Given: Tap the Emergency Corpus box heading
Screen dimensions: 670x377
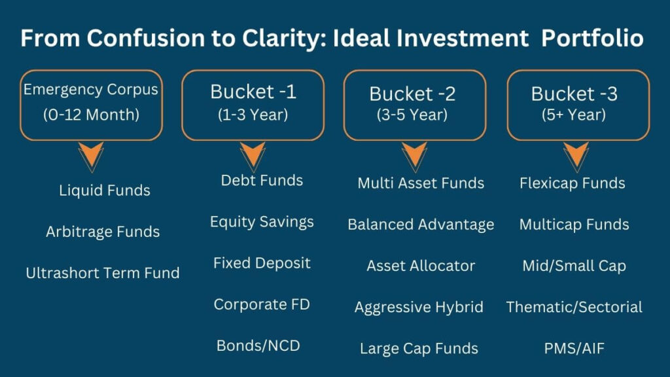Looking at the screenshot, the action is click(x=90, y=90).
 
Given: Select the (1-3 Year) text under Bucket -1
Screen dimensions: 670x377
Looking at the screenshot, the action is click(x=253, y=115).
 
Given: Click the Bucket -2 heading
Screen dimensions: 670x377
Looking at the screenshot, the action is click(x=412, y=94).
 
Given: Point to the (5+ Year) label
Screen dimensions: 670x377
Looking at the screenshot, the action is click(x=574, y=115).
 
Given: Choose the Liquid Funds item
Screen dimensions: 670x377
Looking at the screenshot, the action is click(x=105, y=190).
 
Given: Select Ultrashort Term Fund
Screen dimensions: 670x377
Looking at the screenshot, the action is click(x=103, y=273).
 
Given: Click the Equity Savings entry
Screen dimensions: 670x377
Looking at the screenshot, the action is click(x=262, y=222).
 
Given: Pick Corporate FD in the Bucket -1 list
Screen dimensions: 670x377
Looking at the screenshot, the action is click(x=262, y=304).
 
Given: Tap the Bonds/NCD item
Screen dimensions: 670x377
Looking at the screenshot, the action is click(x=258, y=346).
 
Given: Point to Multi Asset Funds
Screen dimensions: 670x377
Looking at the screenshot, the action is click(x=421, y=183).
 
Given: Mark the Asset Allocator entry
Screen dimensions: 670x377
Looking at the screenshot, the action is click(x=421, y=266).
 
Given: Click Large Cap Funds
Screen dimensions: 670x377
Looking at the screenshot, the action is click(x=419, y=349).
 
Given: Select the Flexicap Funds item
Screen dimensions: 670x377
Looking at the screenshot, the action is click(x=573, y=183).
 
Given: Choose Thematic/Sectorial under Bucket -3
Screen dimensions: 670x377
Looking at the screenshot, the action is click(x=574, y=307).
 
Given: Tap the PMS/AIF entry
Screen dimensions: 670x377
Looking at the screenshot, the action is click(x=574, y=348).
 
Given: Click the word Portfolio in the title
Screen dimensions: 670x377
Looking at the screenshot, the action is click(x=593, y=38).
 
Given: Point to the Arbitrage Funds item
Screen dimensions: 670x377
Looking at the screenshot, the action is click(x=103, y=232).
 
